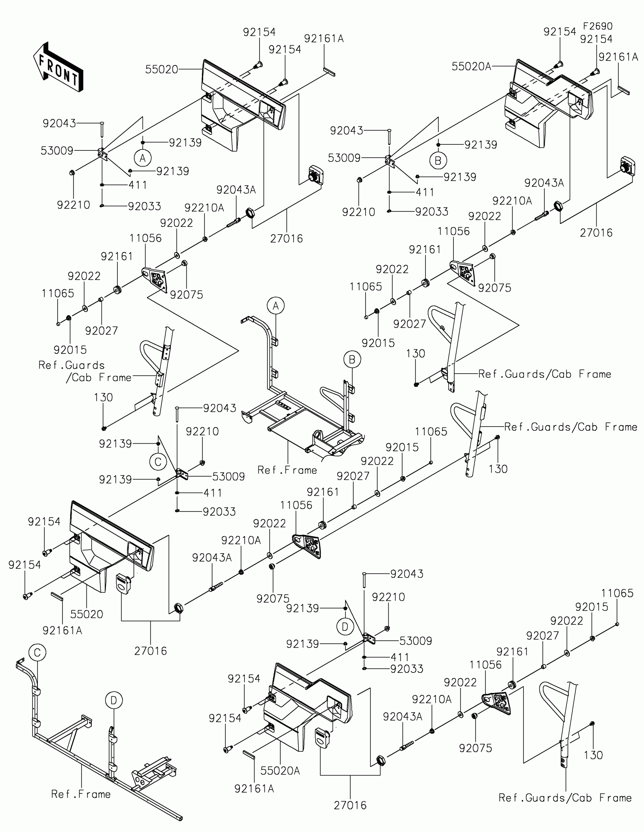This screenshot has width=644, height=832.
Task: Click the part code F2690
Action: [x=597, y=26]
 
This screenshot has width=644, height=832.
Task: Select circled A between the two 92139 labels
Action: [x=143, y=157]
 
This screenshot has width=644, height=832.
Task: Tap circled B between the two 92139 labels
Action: [x=438, y=160]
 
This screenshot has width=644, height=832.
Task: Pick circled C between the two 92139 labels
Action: [x=158, y=462]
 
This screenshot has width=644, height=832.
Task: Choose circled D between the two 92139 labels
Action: [x=345, y=627]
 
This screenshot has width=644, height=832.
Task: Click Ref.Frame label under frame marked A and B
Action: [x=287, y=470]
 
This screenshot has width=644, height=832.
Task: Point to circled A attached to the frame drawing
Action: [x=276, y=306]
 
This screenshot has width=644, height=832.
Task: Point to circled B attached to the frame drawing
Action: [x=352, y=359]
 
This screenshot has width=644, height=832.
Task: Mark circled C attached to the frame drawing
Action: [x=38, y=652]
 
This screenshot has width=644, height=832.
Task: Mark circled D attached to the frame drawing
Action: [x=114, y=700]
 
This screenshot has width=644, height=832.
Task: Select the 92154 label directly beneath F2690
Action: [x=596, y=39]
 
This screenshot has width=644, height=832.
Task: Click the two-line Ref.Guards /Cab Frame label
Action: [x=84, y=371]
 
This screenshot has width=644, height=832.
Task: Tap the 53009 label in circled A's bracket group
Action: [x=57, y=151]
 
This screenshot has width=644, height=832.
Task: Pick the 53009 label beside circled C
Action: [x=228, y=477]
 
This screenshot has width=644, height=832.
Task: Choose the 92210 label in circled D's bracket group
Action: [x=388, y=597]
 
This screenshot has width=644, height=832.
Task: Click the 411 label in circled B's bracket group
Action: [x=425, y=192]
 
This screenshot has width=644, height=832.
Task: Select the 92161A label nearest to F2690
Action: [x=618, y=57]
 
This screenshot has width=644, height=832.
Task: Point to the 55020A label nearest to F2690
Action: [x=471, y=67]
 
